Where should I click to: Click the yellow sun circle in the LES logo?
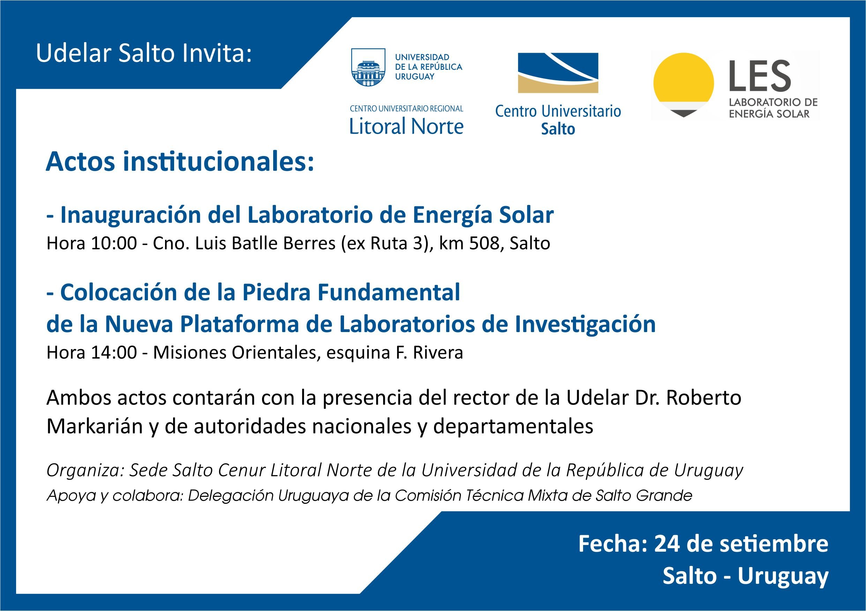click(684, 79)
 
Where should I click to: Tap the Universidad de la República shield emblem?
click(368, 67)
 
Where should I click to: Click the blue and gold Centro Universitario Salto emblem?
click(558, 73)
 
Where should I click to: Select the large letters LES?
click(760, 76)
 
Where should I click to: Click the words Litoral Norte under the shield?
click(406, 126)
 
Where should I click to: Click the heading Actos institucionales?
click(180, 162)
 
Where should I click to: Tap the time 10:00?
click(114, 243)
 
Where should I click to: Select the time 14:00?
click(114, 353)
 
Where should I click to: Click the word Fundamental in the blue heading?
click(389, 292)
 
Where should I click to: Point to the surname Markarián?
click(95, 426)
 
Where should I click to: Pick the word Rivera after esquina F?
click(438, 353)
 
